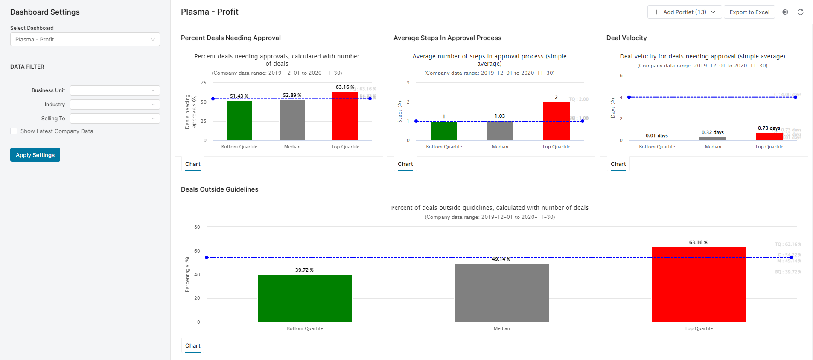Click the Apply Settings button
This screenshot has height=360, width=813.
tap(35, 155)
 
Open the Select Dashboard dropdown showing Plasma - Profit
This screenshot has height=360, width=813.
tap(85, 39)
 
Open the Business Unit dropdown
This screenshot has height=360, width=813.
tap(115, 90)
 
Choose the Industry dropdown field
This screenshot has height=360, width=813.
tap(115, 105)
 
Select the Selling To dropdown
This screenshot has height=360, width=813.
tap(115, 119)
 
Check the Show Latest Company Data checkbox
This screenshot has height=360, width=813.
tap(14, 131)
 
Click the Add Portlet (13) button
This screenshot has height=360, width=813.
tap(684, 12)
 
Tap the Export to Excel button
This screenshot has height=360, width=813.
tap(749, 12)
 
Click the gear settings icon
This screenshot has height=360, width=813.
tap(785, 12)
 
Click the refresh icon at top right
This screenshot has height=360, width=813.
tap(801, 12)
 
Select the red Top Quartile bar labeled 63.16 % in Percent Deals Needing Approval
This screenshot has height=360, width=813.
tap(345, 116)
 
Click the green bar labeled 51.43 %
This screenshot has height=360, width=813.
tap(239, 120)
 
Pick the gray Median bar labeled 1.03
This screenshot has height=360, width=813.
tap(500, 131)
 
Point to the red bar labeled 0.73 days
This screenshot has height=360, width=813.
tap(769, 136)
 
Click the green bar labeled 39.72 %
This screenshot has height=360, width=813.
tap(305, 299)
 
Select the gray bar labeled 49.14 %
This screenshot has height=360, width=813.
tap(501, 293)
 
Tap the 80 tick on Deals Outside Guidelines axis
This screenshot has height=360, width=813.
tap(197, 227)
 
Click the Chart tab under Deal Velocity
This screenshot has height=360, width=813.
tap(618, 164)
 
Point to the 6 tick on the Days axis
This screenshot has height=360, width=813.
tap(621, 75)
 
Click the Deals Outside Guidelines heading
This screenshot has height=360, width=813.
tap(219, 189)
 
